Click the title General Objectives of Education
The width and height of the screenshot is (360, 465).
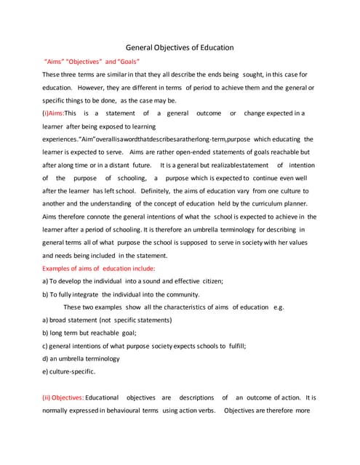coord(180,47)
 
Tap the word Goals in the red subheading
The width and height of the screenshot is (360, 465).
coord(124,61)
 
